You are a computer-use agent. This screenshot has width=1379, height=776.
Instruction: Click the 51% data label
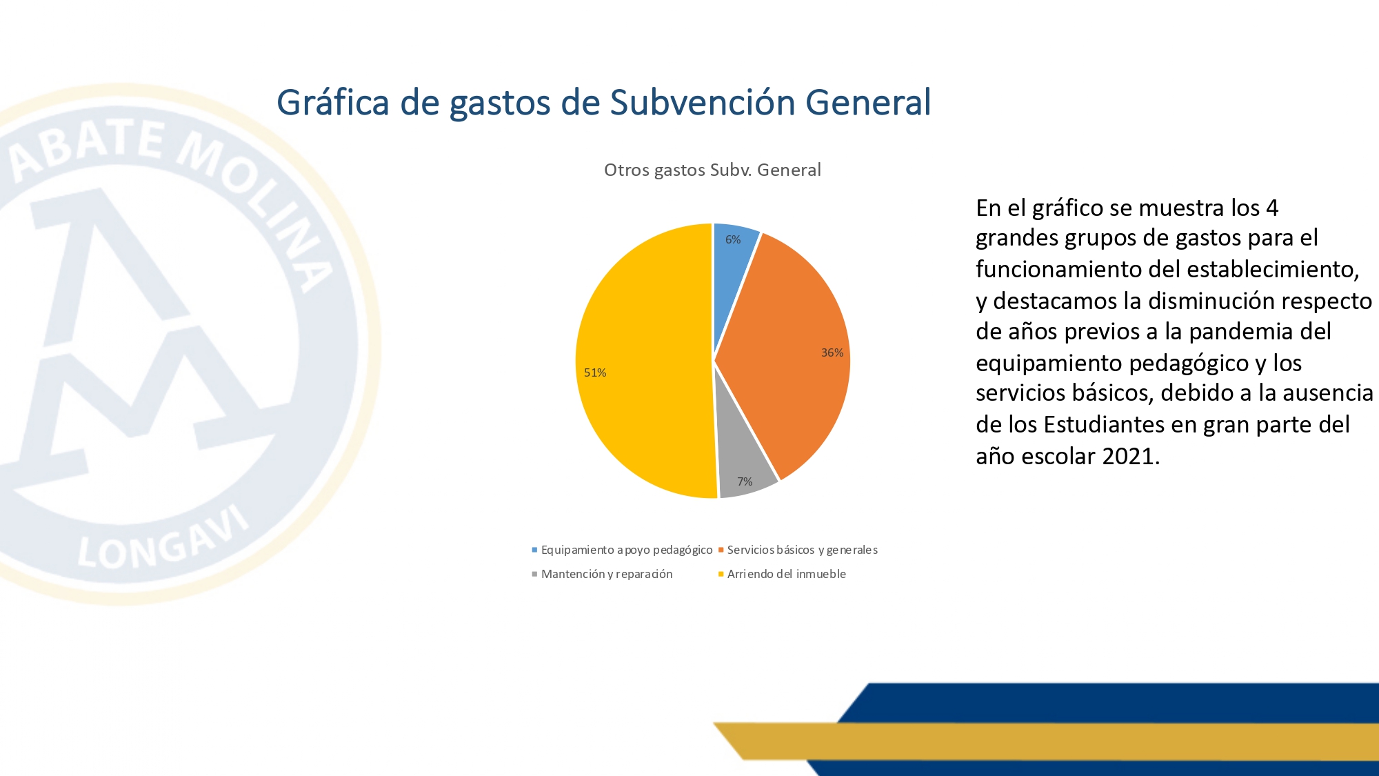tap(595, 372)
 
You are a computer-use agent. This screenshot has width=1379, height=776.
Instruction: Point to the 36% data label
tap(832, 352)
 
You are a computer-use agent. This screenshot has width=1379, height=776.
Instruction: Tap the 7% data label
tap(745, 481)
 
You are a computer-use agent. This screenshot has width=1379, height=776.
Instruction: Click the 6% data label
tap(733, 239)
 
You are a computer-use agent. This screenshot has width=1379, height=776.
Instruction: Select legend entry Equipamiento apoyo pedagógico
tap(622, 550)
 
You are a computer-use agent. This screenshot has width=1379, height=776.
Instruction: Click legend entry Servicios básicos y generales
tap(798, 550)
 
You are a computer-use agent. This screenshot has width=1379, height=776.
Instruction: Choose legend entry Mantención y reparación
tap(602, 574)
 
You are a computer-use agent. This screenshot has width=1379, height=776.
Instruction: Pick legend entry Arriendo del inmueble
tap(782, 574)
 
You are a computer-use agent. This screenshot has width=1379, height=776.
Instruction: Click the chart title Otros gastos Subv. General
tap(712, 170)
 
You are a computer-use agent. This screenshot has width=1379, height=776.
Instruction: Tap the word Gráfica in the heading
tap(333, 103)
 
